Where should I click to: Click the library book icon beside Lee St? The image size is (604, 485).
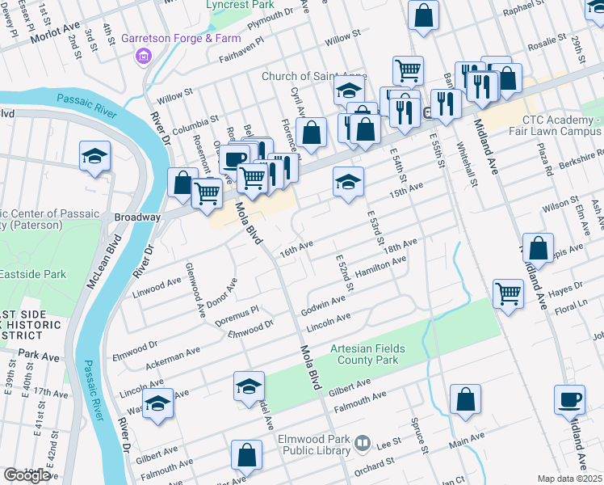tap(363, 444)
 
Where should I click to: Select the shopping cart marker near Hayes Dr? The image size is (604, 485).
tap(508, 293)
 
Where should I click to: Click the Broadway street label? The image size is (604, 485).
tap(136, 217)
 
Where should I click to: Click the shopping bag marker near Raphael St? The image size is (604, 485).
tap(423, 15)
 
